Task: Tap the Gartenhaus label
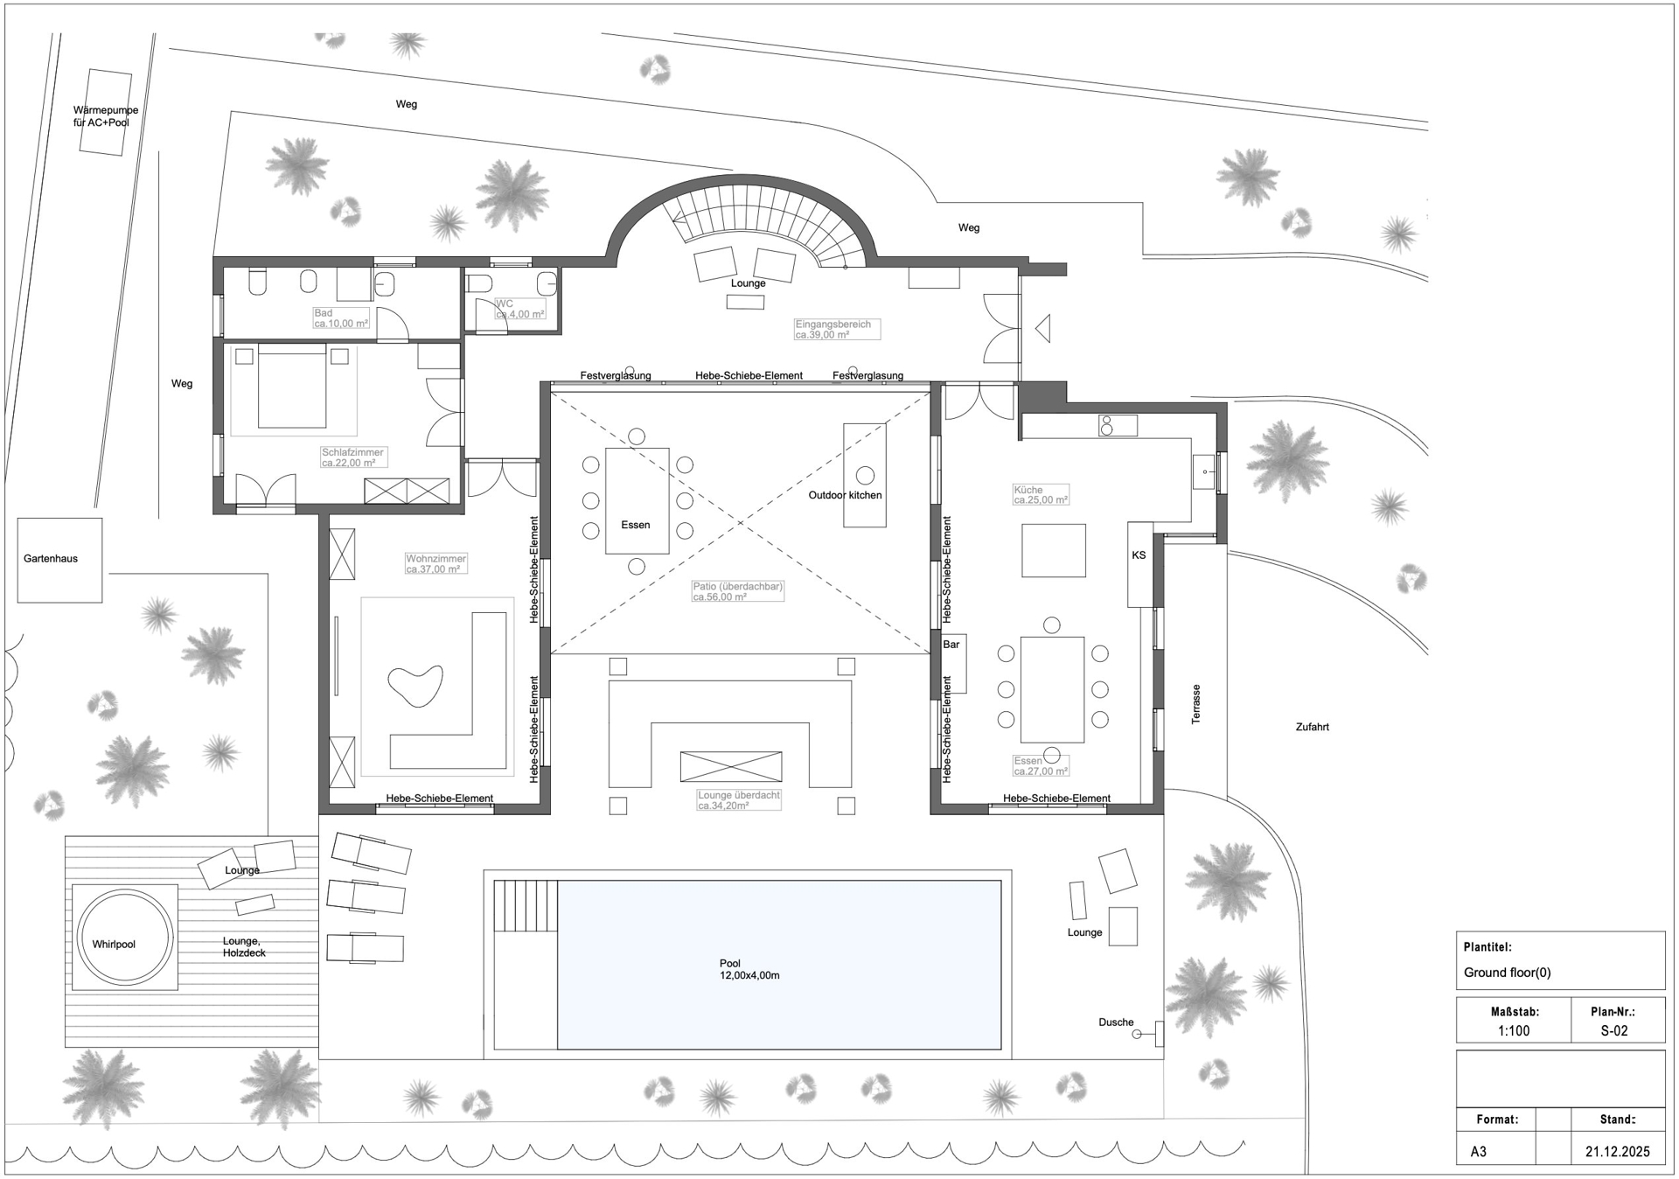[51, 558]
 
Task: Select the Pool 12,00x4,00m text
[749, 969]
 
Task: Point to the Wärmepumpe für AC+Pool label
[106, 116]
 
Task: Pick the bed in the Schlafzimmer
[292, 386]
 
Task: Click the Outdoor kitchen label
[845, 495]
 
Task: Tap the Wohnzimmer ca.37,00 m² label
[435, 564]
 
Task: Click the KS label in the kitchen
[1139, 555]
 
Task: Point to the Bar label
[951, 645]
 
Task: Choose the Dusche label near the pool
[1116, 1022]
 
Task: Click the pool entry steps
[526, 906]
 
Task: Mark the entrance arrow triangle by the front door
[1042, 328]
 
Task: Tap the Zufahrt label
[1312, 727]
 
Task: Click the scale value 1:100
[1514, 1030]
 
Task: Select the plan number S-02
[1614, 1030]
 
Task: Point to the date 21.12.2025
[1618, 1151]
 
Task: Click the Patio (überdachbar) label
[737, 592]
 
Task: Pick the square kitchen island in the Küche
[1054, 550]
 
